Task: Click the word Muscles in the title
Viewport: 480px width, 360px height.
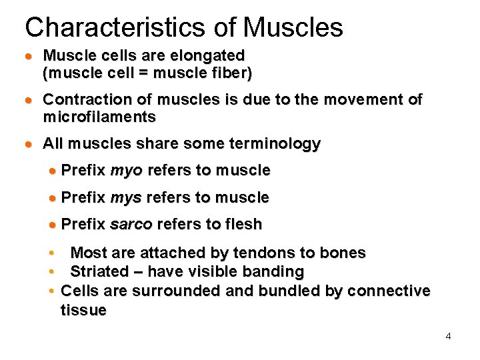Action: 293,27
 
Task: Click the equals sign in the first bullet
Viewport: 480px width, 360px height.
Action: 142,73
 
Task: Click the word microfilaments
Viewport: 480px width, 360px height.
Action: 99,117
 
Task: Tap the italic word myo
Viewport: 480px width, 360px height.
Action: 126,171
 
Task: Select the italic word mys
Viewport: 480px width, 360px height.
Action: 126,198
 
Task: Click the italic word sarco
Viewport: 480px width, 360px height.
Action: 131,225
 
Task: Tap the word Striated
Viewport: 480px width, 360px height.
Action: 99,272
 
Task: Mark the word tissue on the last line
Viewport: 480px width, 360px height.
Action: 83,311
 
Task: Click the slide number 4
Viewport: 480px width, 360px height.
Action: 448,336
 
